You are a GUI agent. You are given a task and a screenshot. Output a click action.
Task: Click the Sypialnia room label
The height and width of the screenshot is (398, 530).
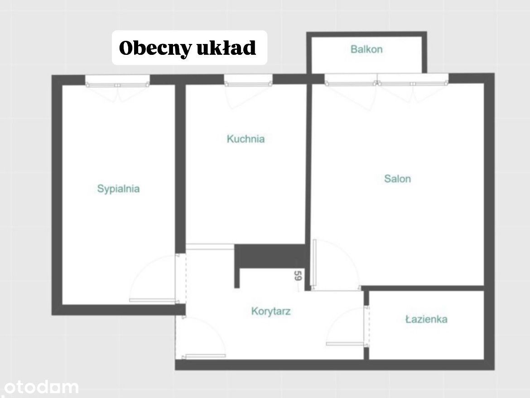click(118, 189)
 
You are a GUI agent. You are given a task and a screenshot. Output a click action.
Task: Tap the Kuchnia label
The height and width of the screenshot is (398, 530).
click(246, 139)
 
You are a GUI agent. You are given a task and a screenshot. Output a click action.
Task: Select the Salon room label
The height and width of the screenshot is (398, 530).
click(398, 179)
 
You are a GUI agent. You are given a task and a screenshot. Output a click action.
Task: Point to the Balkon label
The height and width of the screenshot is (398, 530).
click(367, 49)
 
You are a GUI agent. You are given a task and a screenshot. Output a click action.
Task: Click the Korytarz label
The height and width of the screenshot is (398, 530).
click(271, 311)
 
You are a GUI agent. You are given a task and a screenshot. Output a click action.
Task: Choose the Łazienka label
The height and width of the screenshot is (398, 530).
click(427, 319)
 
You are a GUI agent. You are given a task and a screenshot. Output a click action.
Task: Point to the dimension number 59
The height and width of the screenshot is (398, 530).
click(298, 276)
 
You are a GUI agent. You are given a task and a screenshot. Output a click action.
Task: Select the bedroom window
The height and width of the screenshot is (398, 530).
click(117, 81)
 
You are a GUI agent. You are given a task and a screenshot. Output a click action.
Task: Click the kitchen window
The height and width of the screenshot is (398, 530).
click(248, 80)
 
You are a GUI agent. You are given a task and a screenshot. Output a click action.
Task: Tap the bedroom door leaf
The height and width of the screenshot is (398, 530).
click(153, 300)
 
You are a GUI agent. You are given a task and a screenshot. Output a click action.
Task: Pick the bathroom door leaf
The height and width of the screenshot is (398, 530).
click(345, 344)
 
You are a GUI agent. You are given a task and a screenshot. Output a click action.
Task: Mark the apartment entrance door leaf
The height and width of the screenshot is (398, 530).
click(204, 356)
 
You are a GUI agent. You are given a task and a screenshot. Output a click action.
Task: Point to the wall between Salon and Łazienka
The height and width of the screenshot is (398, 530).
click(423, 288)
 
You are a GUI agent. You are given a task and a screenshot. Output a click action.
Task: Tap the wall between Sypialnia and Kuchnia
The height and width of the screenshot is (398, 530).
click(180, 168)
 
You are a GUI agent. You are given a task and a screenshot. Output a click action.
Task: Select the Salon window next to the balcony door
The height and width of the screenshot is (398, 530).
click(413, 79)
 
